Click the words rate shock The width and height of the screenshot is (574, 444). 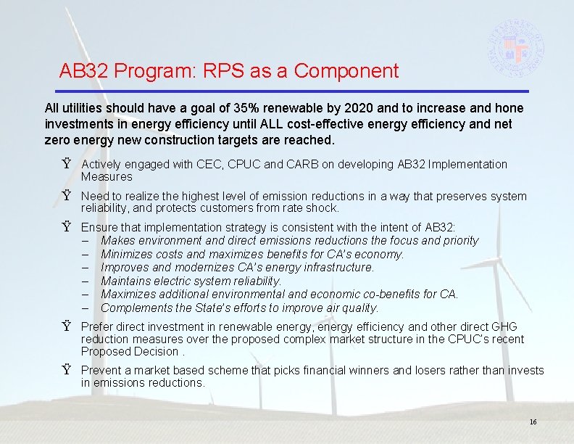click(x=314, y=208)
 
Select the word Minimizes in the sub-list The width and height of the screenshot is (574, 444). click(x=126, y=254)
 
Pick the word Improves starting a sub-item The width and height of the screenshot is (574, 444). click(x=123, y=268)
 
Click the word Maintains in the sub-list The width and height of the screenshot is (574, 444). click(x=126, y=281)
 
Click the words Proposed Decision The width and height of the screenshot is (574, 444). click(x=128, y=352)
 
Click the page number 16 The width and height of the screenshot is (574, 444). click(x=533, y=422)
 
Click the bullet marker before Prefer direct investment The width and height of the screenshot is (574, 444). click(x=66, y=327)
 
